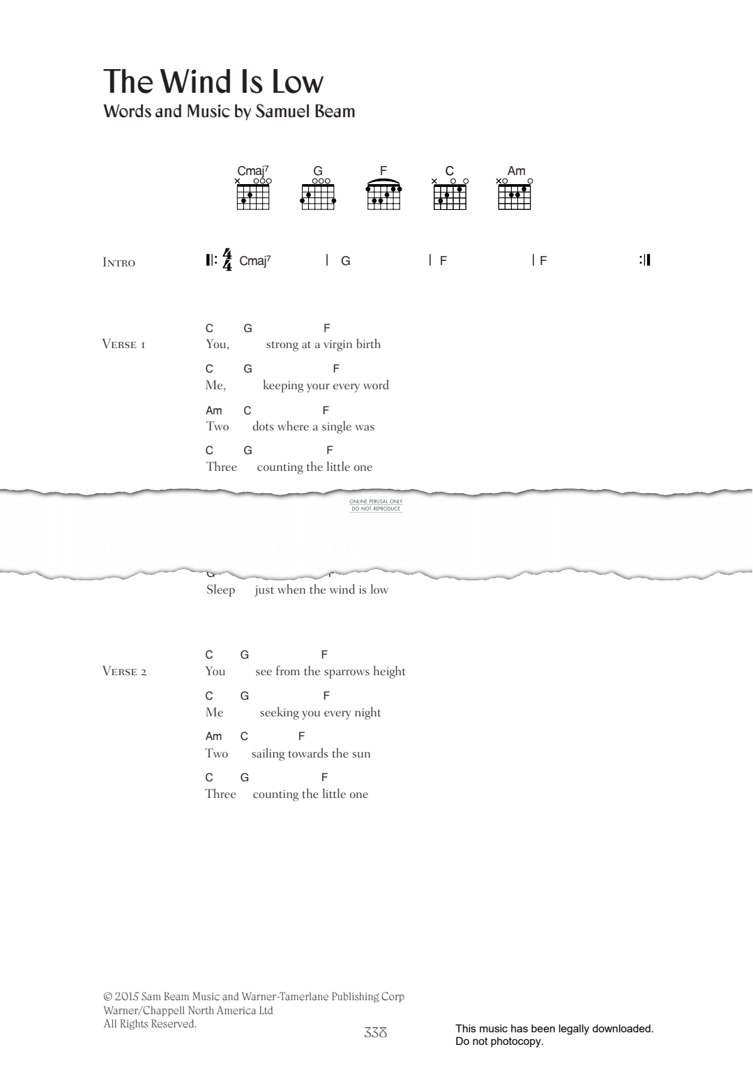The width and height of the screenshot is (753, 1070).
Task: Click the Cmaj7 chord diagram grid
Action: pos(253,197)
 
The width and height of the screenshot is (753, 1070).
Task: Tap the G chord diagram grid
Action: pos(318,197)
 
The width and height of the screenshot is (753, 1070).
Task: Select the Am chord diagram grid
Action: pos(515,197)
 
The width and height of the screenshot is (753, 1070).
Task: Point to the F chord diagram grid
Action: pos(383,197)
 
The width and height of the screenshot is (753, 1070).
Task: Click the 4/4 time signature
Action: pos(227,260)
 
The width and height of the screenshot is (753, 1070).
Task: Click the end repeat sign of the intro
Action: pos(644,260)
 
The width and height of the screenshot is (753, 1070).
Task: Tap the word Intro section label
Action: pos(119,263)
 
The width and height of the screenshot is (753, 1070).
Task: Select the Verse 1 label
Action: pos(123,345)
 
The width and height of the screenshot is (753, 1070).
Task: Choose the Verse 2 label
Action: pos(124,672)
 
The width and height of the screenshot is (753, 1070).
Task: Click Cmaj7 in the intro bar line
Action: pos(254,261)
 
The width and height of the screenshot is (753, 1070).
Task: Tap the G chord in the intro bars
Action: pos(346,261)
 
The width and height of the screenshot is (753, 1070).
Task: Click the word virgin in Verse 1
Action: pos(337,345)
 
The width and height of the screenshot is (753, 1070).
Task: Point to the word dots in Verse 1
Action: pos(265,427)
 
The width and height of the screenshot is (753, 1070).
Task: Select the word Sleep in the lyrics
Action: pos(220,590)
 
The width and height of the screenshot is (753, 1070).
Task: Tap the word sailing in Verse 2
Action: pos(268,754)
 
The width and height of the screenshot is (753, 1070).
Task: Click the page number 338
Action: pos(375,1033)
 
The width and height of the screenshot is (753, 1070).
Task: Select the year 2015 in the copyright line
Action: pos(127,997)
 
